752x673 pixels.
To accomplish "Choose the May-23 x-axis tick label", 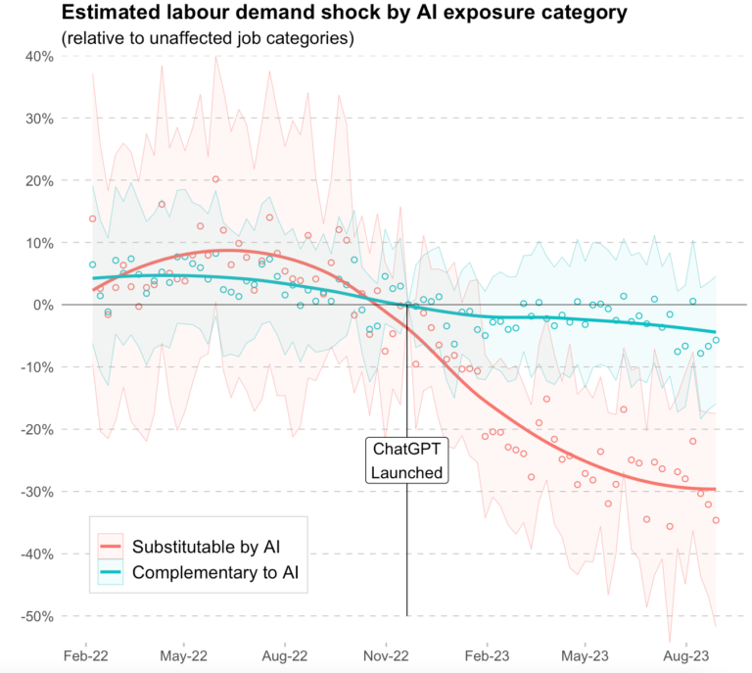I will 586,654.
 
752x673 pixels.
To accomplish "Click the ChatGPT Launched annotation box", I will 407,460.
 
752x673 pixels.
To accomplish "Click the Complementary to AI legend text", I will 215,573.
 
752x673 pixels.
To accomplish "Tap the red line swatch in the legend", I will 111,546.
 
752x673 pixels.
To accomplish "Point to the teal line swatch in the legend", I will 111,573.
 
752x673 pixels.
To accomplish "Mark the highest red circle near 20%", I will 215,179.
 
